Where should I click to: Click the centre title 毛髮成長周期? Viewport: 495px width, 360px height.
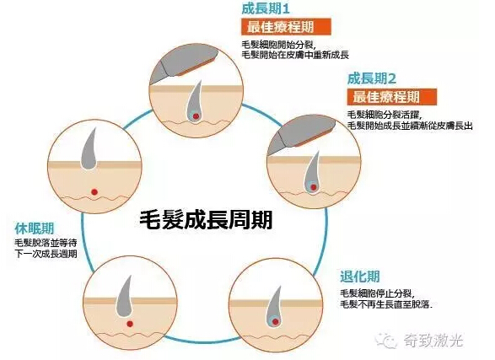206,219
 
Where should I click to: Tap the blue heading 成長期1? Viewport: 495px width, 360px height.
266,8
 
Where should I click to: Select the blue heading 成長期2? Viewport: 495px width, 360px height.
372,78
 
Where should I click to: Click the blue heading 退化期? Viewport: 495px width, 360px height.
359,277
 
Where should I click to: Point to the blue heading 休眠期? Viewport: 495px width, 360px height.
35,228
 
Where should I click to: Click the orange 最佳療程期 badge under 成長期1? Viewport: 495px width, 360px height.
286,27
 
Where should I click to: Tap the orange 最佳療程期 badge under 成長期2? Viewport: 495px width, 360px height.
392,97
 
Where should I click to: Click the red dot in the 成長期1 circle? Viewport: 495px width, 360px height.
196,116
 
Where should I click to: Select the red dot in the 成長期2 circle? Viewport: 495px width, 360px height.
314,187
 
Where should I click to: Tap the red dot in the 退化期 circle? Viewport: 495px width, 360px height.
276,322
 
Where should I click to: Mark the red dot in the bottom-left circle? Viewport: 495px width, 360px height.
130,324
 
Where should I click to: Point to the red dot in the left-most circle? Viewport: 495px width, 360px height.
94,192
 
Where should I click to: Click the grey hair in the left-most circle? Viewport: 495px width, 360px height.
89,150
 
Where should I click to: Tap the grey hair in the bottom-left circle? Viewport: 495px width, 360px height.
124,298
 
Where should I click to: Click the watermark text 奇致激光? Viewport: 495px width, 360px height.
433,341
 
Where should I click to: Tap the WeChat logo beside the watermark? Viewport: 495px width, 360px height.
385,340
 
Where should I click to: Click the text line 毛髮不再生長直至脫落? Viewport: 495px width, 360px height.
385,305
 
